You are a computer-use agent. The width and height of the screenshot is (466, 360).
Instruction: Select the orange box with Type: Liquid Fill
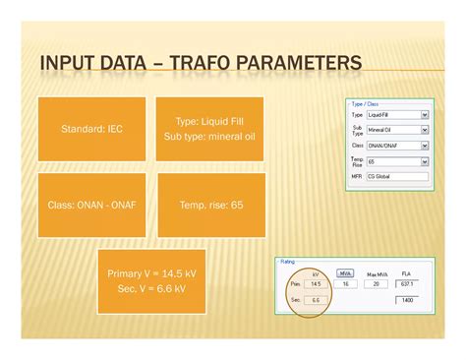pyautogui.click(x=201, y=129)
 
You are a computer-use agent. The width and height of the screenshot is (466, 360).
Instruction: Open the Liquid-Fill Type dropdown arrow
pyautogui.click(x=424, y=115)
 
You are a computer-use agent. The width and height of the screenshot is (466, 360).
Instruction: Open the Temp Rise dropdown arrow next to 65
pyautogui.click(x=424, y=160)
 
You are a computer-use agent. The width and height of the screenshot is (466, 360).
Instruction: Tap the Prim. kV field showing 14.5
pyautogui.click(x=314, y=283)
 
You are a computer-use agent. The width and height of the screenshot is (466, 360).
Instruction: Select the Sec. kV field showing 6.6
pyautogui.click(x=314, y=299)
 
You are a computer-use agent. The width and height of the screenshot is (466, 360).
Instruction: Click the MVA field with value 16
pyautogui.click(x=346, y=283)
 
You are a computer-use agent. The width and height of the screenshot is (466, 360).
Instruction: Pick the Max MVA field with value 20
pyautogui.click(x=375, y=283)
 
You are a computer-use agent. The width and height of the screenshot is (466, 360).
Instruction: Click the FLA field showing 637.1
pyautogui.click(x=407, y=283)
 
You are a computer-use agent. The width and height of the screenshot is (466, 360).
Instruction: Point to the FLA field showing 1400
pyautogui.click(x=407, y=299)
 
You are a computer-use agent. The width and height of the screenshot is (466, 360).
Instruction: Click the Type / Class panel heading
pyautogui.click(x=365, y=103)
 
